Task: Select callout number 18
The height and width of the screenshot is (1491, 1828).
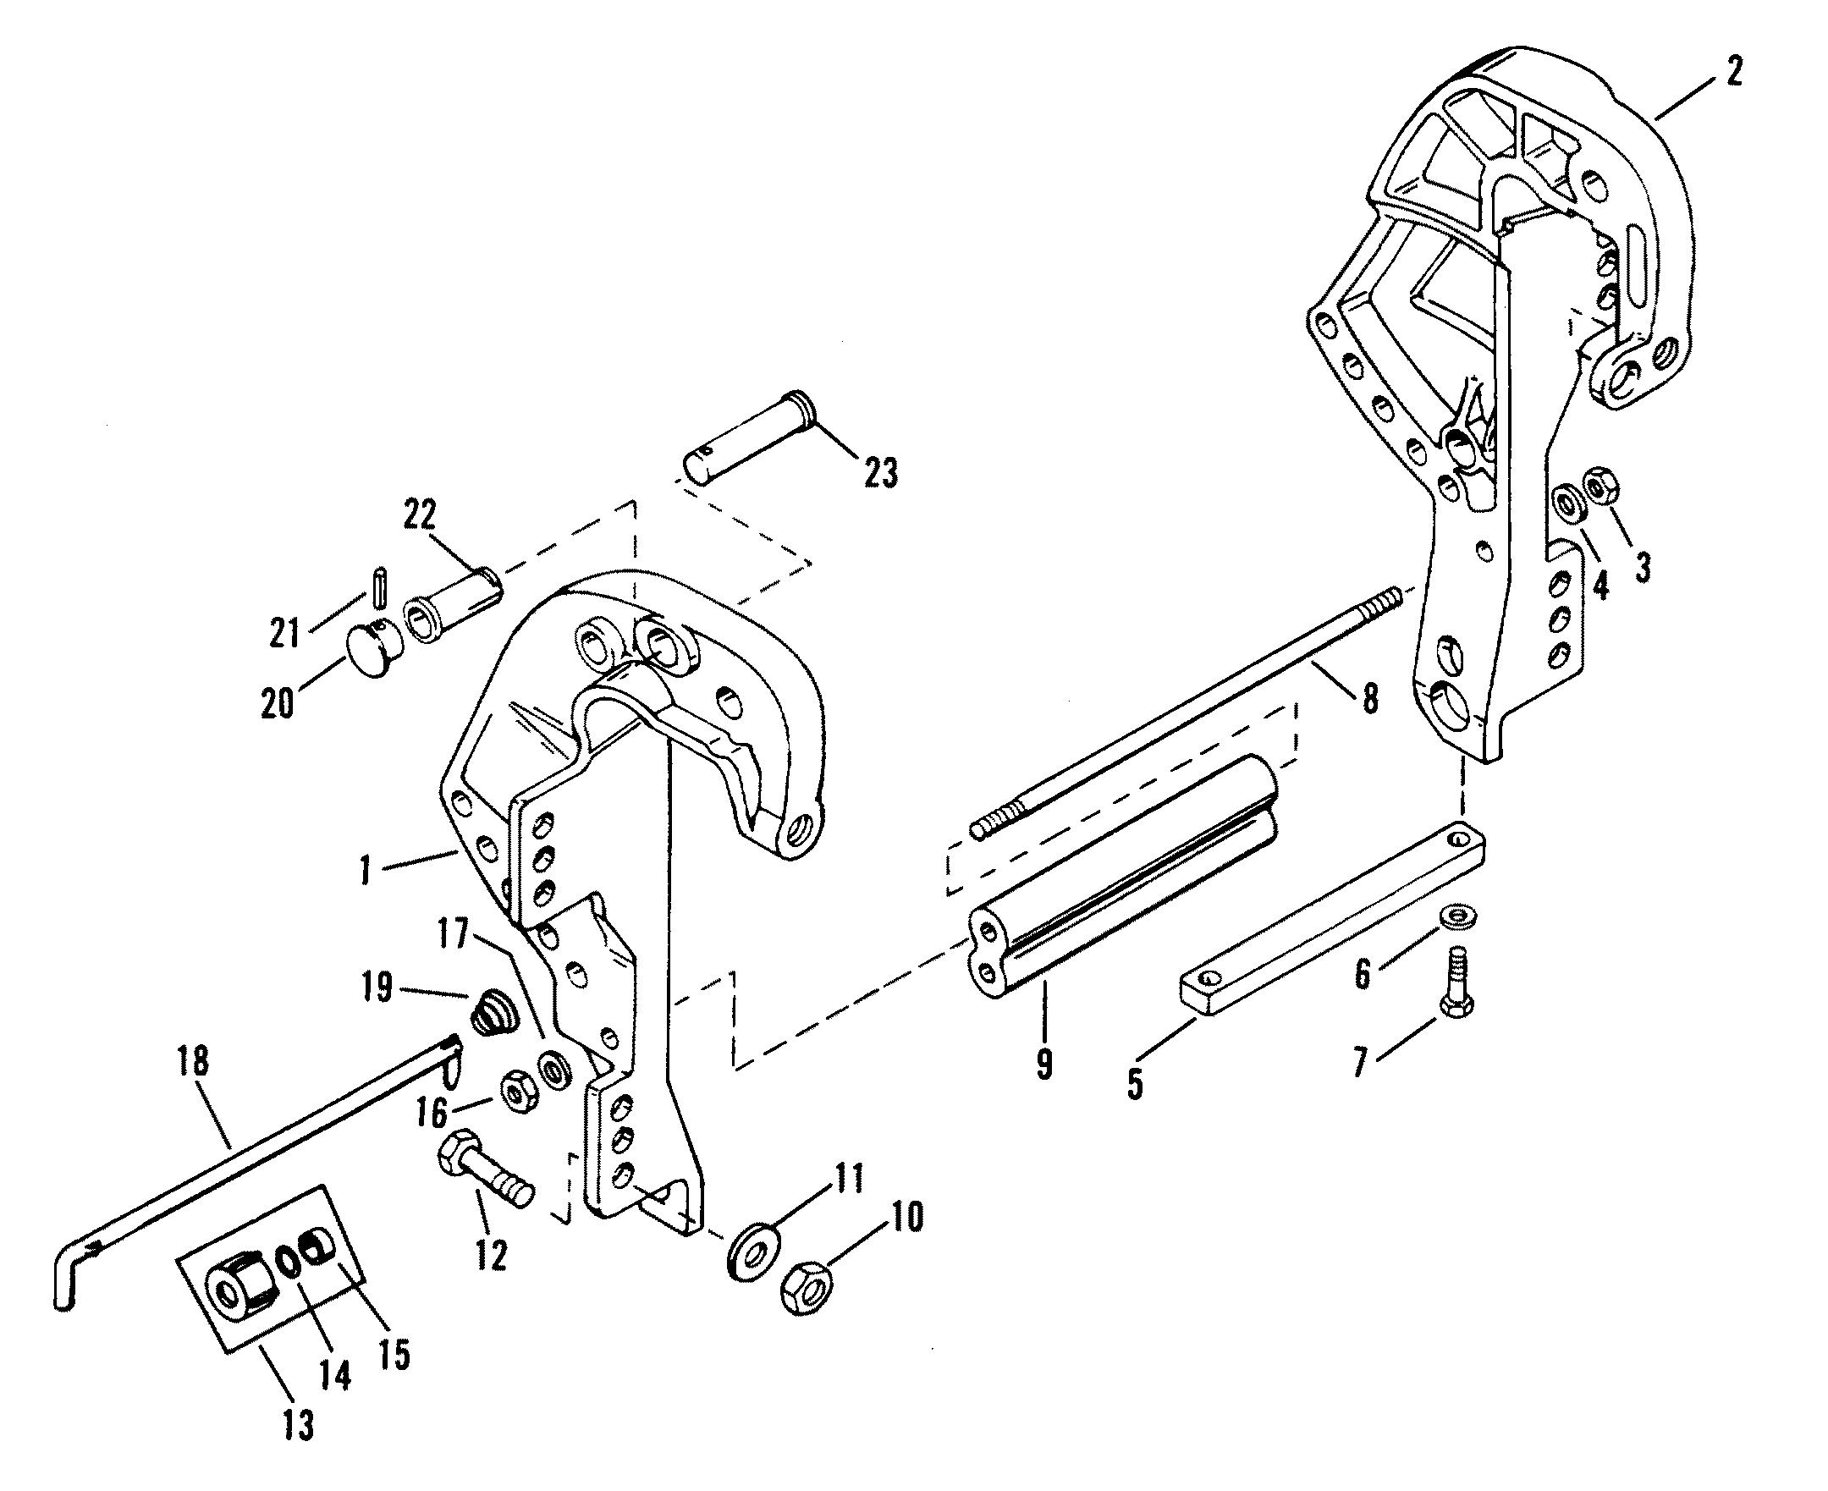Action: (195, 1064)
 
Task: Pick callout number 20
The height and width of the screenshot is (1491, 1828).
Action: (277, 701)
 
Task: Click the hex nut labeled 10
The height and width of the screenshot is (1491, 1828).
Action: (807, 1288)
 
